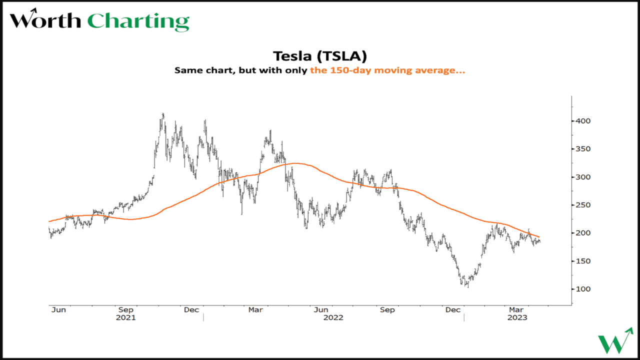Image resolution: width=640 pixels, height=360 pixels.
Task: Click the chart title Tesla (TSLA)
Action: coord(320,55)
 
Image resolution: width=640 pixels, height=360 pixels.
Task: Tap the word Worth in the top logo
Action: coord(45,21)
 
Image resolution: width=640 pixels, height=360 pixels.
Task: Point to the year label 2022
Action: coord(333,317)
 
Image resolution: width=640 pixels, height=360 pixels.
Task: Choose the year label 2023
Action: coord(517,317)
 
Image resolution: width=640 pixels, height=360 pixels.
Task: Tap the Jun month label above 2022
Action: coord(320,310)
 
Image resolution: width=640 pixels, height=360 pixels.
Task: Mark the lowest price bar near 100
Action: coord(468,286)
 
